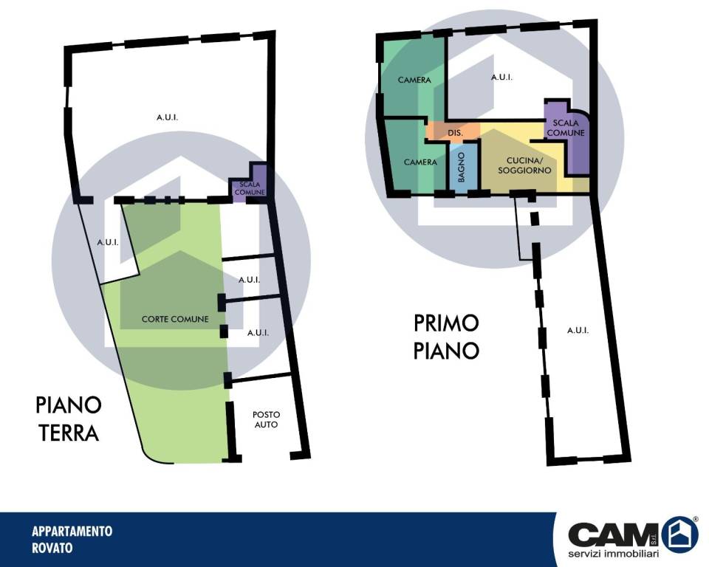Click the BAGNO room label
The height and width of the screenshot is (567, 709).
[461, 168]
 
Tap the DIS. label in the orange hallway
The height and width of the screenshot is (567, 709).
[456, 133]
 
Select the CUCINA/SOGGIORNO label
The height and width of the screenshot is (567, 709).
[524, 165]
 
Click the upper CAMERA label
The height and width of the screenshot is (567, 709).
[414, 80]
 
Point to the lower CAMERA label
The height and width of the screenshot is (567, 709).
[420, 162]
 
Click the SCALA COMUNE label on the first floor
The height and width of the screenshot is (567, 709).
[566, 128]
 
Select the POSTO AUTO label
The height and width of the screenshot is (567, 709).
[266, 419]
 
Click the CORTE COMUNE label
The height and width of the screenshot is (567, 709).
[175, 319]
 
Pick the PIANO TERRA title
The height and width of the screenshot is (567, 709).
[68, 419]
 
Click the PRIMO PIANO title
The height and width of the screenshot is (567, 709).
[446, 337]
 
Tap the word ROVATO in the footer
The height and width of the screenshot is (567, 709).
[52, 548]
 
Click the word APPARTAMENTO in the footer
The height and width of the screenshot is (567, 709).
[72, 531]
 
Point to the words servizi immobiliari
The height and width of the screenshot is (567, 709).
[614, 554]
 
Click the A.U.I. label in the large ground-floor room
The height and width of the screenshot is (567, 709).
[168, 117]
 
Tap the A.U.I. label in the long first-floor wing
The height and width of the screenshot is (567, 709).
[578, 331]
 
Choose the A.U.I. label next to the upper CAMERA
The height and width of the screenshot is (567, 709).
[501, 78]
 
